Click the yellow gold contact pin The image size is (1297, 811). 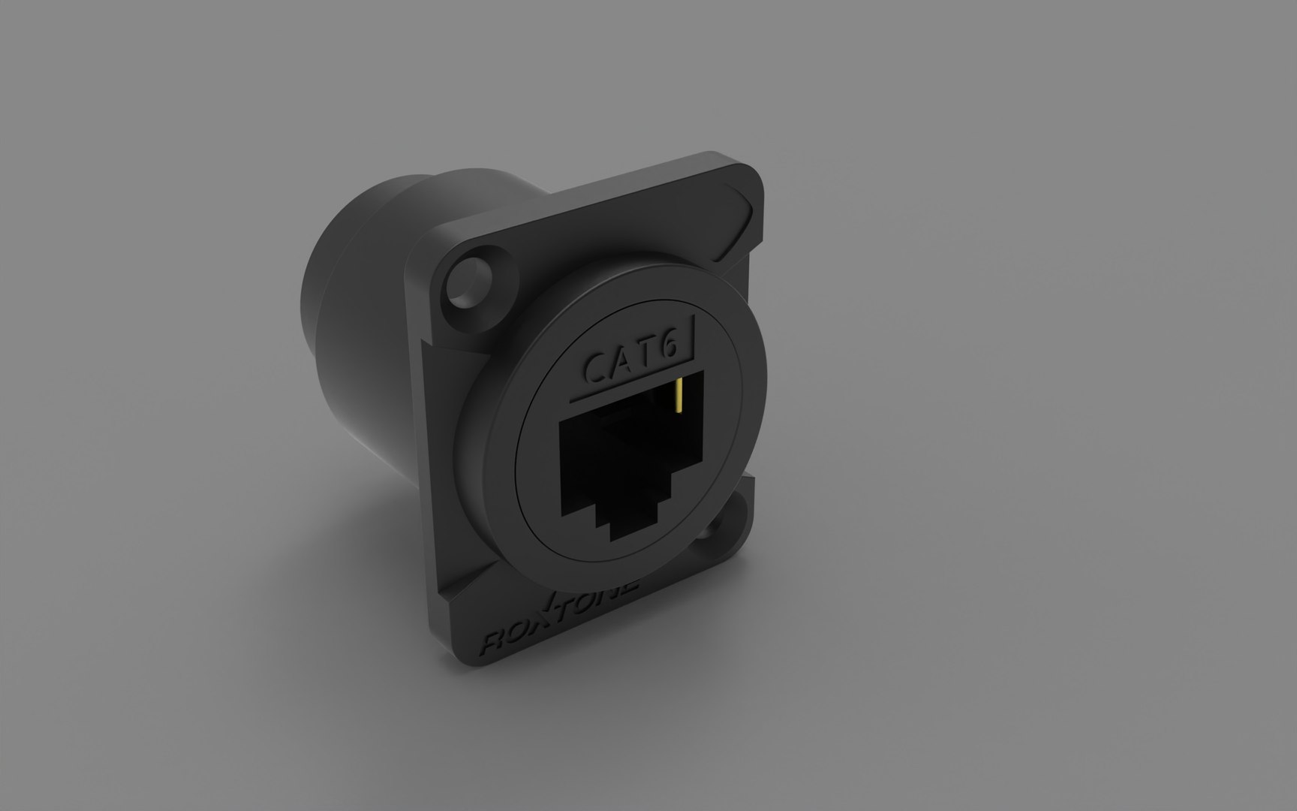679,396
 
